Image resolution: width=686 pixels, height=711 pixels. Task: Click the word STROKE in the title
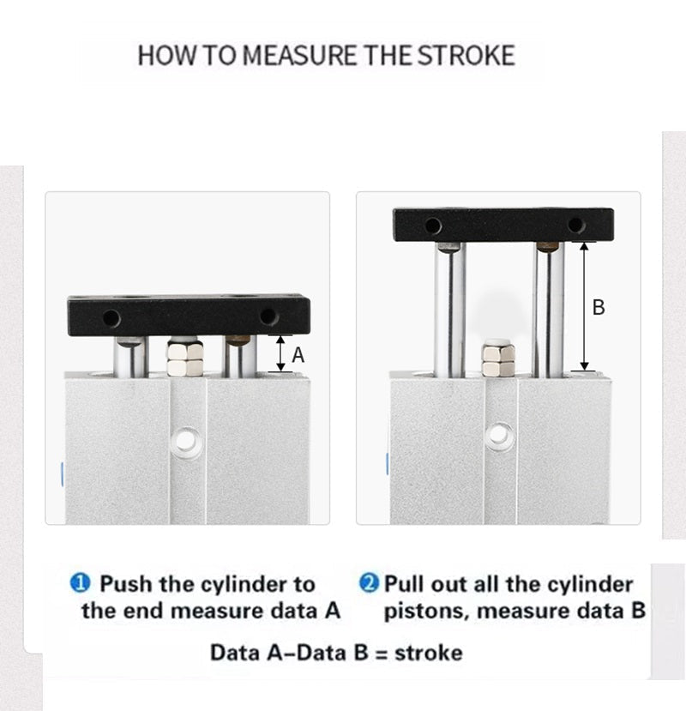click(x=466, y=56)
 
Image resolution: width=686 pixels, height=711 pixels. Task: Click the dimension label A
click(x=298, y=355)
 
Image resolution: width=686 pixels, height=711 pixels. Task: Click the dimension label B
click(x=599, y=307)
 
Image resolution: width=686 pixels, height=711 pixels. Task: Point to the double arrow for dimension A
click(x=280, y=353)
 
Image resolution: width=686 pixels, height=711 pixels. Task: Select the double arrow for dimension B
click(x=584, y=306)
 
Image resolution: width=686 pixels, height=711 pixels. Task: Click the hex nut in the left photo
click(x=184, y=359)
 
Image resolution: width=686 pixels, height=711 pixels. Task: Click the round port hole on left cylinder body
click(x=185, y=439)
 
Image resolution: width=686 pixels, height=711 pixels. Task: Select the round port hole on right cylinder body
click(x=499, y=435)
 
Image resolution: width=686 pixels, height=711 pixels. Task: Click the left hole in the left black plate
click(x=111, y=318)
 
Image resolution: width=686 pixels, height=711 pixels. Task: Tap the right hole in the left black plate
click(x=268, y=316)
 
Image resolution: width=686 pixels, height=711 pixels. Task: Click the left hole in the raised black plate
click(x=433, y=226)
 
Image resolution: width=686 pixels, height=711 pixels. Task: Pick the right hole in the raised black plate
click(x=576, y=225)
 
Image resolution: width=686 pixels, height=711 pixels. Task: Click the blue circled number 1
click(x=81, y=583)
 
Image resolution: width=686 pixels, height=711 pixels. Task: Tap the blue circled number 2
click(x=369, y=582)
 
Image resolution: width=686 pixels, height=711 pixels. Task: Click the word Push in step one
click(x=126, y=583)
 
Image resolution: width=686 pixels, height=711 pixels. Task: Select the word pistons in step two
click(x=426, y=612)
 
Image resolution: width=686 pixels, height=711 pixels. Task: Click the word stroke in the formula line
click(x=429, y=654)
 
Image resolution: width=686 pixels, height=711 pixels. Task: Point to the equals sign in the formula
click(x=382, y=654)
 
